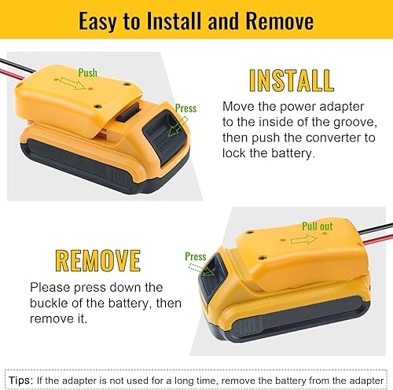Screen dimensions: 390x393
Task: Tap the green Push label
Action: pos(89,72)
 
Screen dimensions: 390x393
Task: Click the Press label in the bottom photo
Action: pos(196,256)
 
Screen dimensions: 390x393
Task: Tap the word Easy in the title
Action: pos(107,22)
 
